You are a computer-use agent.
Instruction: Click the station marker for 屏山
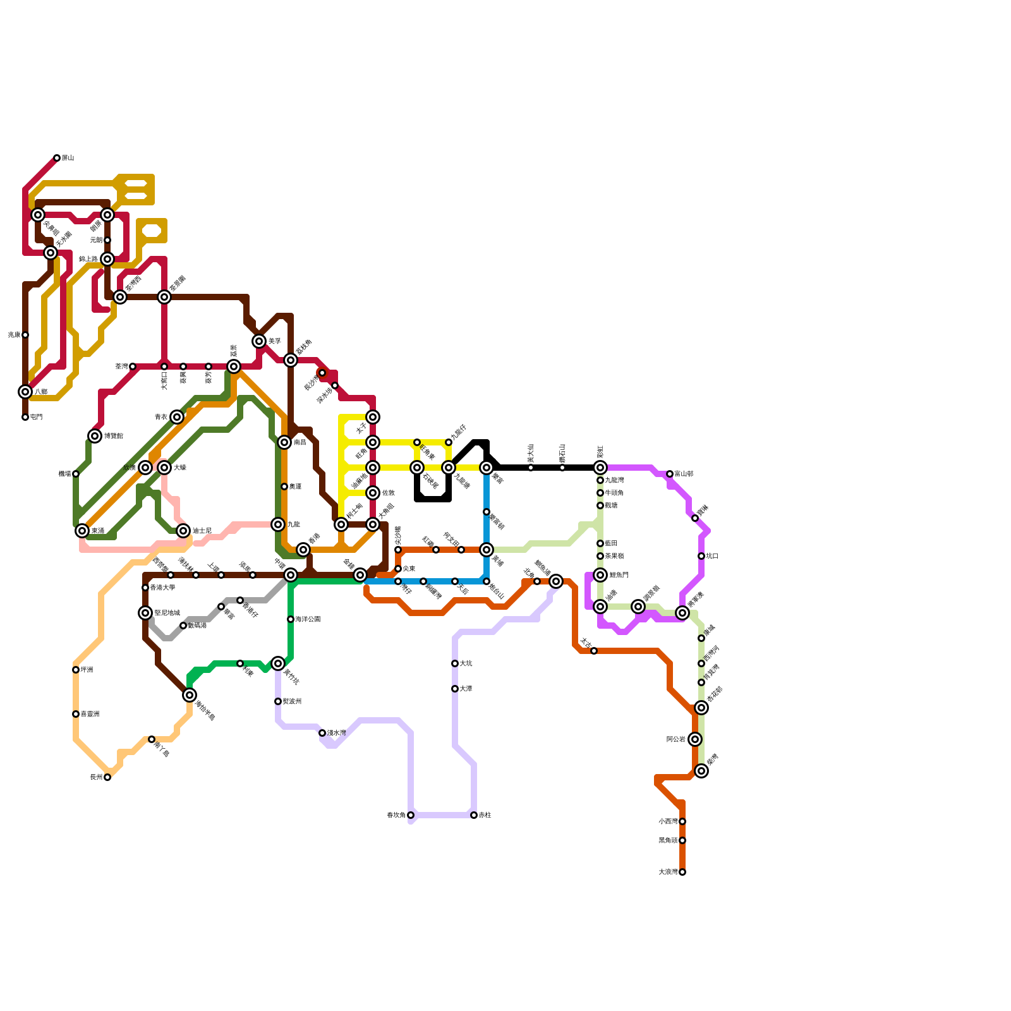pyautogui.click(x=57, y=158)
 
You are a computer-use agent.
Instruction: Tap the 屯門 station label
pyautogui.click(x=36, y=418)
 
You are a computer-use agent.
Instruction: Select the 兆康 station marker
pyautogui.click(x=25, y=335)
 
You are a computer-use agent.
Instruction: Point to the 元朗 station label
pyautogui.click(x=96, y=240)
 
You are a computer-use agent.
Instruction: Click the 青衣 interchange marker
pyautogui.click(x=177, y=417)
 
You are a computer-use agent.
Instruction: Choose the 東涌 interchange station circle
pyautogui.click(x=82, y=531)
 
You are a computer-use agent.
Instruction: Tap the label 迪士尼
pyautogui.click(x=202, y=531)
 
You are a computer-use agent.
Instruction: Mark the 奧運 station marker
pyautogui.click(x=284, y=487)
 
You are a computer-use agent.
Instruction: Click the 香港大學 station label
pyautogui.click(x=162, y=588)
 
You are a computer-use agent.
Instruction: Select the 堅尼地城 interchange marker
pyautogui.click(x=145, y=613)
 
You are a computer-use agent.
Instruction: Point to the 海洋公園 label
pyautogui.click(x=308, y=619)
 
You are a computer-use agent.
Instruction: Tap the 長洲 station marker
pyautogui.click(x=107, y=777)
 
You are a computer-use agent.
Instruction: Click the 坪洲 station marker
pyautogui.click(x=76, y=670)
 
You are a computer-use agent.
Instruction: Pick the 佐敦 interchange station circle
pyautogui.click(x=373, y=493)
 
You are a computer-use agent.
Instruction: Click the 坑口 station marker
pyautogui.click(x=701, y=556)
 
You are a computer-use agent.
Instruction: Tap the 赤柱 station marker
pyautogui.click(x=474, y=815)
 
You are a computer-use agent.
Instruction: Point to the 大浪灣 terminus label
pyautogui.click(x=668, y=872)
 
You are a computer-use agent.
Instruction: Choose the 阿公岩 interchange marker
pyautogui.click(x=695, y=739)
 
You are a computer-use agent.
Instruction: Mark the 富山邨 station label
pyautogui.click(x=684, y=474)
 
